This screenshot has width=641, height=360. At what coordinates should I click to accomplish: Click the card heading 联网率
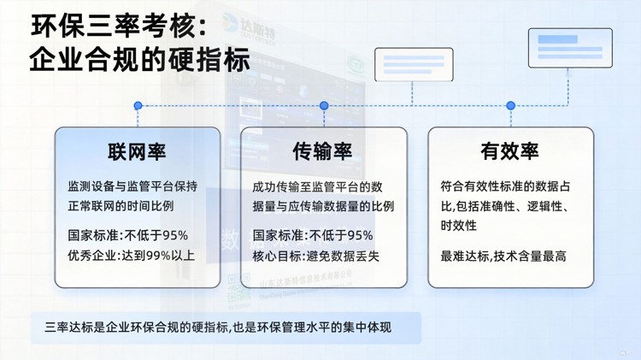click(137, 152)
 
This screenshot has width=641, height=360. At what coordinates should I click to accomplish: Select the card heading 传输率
click(323, 152)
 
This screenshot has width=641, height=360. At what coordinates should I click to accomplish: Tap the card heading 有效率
click(509, 152)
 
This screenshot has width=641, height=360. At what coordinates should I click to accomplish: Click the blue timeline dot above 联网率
click(138, 106)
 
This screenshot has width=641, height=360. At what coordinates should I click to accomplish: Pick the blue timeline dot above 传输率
click(324, 106)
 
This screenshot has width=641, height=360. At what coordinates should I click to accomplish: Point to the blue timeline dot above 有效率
click(510, 106)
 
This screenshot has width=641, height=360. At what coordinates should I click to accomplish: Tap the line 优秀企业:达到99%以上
click(131, 255)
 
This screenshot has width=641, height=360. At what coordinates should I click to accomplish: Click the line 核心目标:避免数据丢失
click(315, 256)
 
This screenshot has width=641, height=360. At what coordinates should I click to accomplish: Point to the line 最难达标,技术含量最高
click(503, 256)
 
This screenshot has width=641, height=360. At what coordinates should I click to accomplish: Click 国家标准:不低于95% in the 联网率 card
click(127, 235)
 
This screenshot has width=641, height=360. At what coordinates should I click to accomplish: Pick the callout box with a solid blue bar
click(569, 48)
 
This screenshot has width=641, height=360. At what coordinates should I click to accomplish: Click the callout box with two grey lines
click(414, 64)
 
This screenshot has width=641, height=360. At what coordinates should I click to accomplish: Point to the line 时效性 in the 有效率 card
click(458, 226)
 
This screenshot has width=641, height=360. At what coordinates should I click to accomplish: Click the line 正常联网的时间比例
click(121, 205)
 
